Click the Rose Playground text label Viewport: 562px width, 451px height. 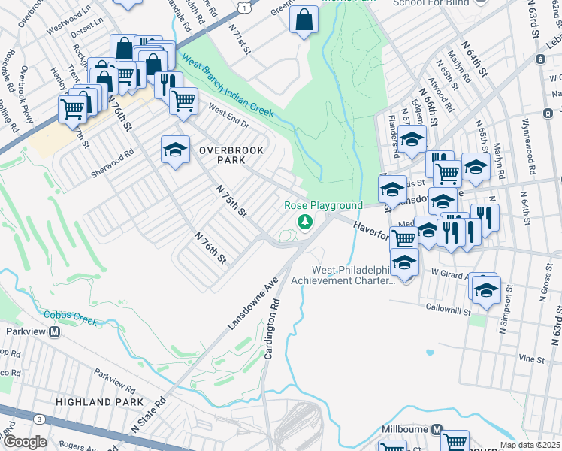(x=323, y=206)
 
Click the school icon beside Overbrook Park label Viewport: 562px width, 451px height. (x=175, y=150)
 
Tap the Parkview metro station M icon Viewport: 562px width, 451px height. (x=54, y=331)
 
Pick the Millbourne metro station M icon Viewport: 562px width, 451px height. (x=436, y=429)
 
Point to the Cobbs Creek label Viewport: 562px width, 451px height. (x=71, y=317)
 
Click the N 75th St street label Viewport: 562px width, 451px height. (x=231, y=201)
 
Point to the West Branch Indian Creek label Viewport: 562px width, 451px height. (x=227, y=90)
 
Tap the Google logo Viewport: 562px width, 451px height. (x=25, y=442)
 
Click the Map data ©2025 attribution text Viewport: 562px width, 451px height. (x=530, y=446)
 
